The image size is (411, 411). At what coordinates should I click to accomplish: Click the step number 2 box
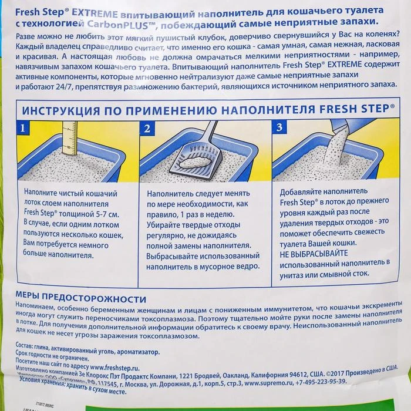(147, 129)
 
